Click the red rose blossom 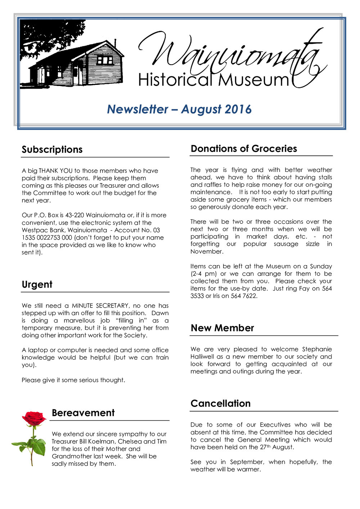click(x=34, y=418)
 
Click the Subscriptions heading click(x=52, y=150)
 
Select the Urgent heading click(x=37, y=285)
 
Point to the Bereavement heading click(x=83, y=413)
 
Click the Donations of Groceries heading click(x=244, y=149)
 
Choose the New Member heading click(x=222, y=328)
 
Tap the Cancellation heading click(x=220, y=404)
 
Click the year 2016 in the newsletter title click(x=238, y=109)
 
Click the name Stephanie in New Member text click(x=317, y=349)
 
